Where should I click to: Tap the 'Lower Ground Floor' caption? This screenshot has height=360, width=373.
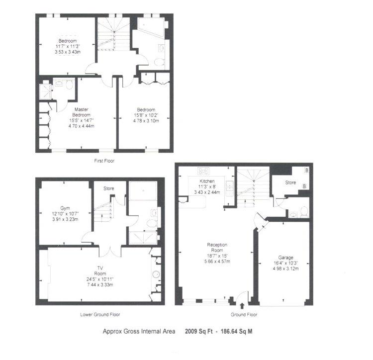(x=100, y=314)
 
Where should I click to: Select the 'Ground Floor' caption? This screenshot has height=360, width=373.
(x=244, y=314)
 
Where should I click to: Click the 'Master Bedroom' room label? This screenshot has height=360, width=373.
(x=82, y=112)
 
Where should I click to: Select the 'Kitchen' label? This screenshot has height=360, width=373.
(x=207, y=181)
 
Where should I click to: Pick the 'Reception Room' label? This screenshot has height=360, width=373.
(x=217, y=247)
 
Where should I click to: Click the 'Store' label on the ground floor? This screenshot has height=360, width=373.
(x=290, y=182)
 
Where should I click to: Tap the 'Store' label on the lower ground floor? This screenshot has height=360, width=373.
(x=108, y=188)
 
